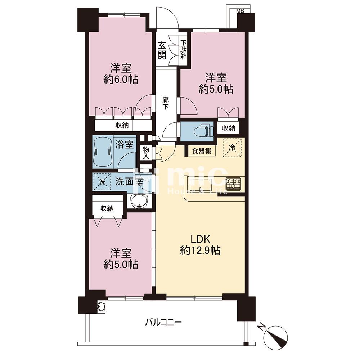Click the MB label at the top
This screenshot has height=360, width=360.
click(240, 11)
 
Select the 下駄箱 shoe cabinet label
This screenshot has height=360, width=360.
click(183, 50)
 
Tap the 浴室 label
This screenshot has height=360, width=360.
click(124, 145)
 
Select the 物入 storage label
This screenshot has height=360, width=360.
click(146, 153)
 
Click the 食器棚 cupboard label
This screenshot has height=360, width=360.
click(202, 151)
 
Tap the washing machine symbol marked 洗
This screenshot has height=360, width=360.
click(102, 182)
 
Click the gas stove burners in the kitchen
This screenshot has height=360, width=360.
click(233, 184)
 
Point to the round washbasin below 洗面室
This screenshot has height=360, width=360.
click(139, 201)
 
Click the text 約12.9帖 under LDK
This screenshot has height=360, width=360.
click(201, 251)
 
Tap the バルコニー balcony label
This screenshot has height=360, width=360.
click(163, 323)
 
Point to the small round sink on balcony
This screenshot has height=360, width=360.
click(101, 306)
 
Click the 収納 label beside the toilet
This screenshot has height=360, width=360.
click(229, 128)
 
